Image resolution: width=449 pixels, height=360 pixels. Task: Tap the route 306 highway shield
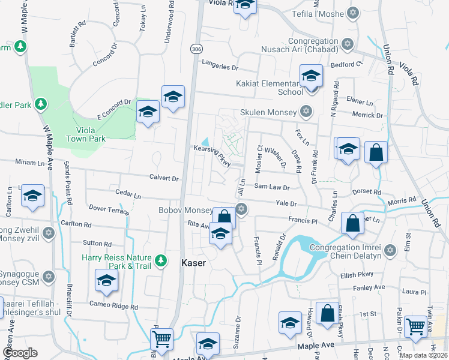tap(196, 49)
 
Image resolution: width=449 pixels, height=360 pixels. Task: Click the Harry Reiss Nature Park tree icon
tap(160, 260)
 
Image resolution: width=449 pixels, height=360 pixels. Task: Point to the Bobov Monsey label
tap(185, 211)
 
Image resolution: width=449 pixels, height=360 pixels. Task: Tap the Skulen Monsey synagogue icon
tap(307, 112)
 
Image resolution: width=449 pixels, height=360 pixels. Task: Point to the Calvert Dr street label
tap(164, 178)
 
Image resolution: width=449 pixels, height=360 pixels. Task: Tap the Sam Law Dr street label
tap(272, 187)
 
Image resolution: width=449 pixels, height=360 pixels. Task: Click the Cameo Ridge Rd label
tap(117, 306)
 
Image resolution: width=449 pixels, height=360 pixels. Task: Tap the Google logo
tap(20, 353)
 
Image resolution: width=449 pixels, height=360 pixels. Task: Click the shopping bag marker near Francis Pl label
tap(352, 223)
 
